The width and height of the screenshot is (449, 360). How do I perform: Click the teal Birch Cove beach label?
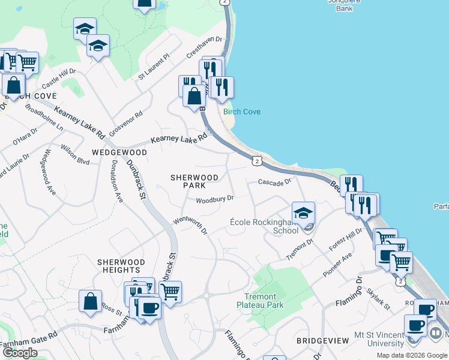click(x=242, y=112)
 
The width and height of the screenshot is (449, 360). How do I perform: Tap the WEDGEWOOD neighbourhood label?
click(x=119, y=152)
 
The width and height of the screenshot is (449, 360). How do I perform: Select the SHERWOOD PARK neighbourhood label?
click(x=194, y=182)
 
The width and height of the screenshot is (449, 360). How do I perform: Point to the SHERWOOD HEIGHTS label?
click(x=121, y=266)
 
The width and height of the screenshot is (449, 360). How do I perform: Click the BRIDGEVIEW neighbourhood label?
click(x=323, y=341)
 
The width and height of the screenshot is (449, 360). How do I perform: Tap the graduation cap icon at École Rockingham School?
click(x=303, y=213)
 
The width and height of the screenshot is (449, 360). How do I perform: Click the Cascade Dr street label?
click(x=274, y=181)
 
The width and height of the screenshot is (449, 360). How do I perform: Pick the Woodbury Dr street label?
click(x=214, y=199)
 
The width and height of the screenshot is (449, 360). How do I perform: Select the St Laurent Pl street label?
click(x=154, y=67)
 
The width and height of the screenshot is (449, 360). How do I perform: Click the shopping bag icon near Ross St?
click(x=90, y=302)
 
